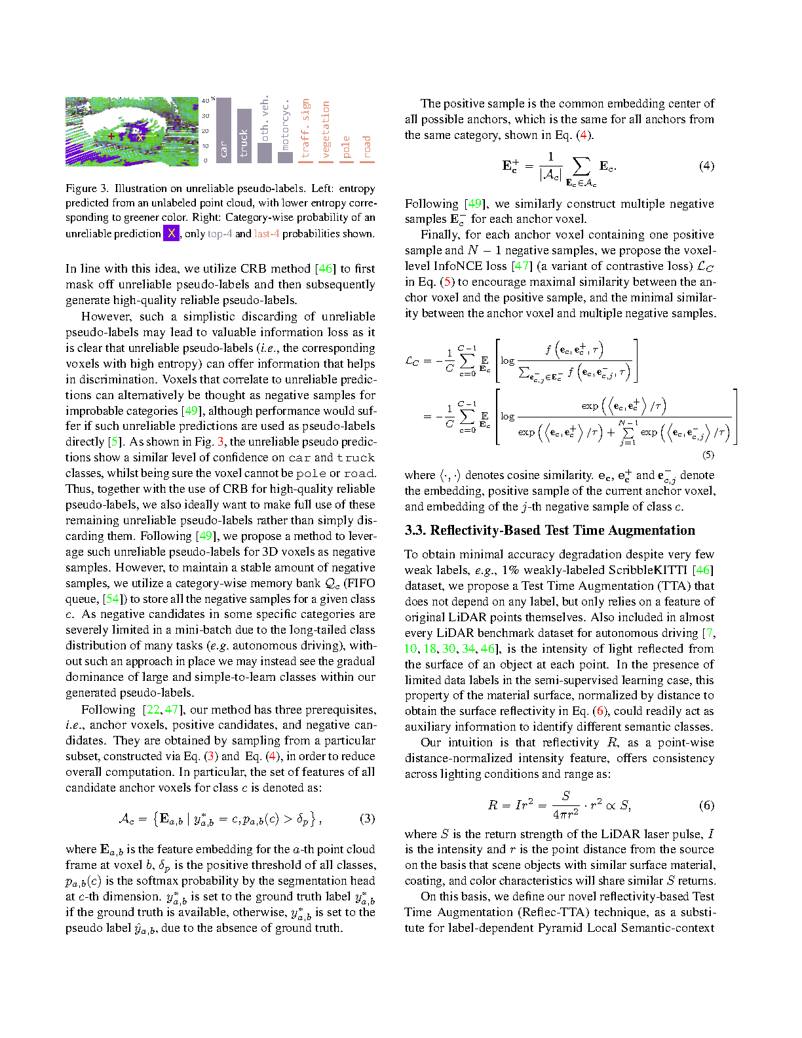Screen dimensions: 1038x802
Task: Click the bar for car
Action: (x=223, y=130)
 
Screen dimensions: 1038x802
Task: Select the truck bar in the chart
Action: (x=244, y=135)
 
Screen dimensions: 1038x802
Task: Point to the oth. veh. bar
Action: (x=264, y=152)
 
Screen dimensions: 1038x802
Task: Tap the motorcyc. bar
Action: (x=285, y=157)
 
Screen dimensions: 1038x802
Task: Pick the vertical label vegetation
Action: (x=326, y=129)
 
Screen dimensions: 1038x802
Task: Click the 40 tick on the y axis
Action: (x=206, y=101)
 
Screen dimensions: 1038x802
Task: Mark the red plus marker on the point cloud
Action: (x=112, y=136)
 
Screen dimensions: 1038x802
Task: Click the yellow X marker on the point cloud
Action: (x=140, y=137)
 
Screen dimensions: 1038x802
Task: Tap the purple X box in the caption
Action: (x=171, y=233)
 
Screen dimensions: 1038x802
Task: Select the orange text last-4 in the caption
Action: (x=267, y=234)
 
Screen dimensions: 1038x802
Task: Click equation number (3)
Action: (x=368, y=818)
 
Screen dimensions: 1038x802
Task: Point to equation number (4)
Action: (x=706, y=166)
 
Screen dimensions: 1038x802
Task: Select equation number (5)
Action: (x=708, y=454)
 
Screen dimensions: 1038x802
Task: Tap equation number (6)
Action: (x=706, y=805)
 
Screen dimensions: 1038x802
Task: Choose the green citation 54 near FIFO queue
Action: (x=113, y=599)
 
